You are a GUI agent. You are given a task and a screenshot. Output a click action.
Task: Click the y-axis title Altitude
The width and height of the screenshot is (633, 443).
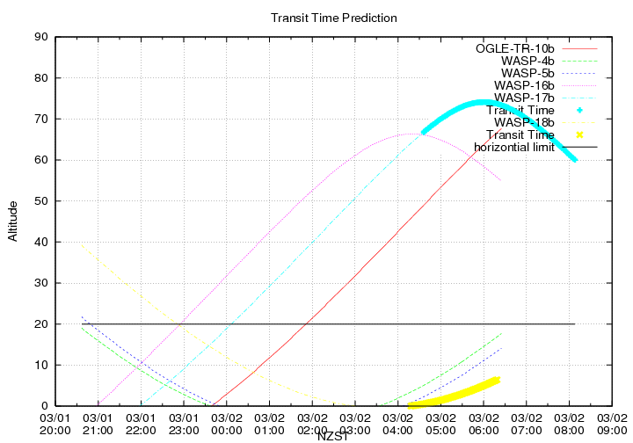click(12, 221)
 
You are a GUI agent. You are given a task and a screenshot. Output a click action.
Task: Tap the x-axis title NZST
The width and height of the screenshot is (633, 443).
click(333, 435)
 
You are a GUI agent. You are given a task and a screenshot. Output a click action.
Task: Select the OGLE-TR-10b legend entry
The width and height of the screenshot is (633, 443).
click(515, 47)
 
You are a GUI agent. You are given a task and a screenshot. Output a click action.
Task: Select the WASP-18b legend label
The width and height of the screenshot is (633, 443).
click(525, 122)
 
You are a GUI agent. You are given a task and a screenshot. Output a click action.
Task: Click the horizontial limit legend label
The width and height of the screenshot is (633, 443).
click(514, 147)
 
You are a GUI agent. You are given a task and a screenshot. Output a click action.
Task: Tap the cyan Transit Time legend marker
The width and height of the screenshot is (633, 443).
click(579, 110)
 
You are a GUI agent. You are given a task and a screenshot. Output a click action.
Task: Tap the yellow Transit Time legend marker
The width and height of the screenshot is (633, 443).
click(579, 134)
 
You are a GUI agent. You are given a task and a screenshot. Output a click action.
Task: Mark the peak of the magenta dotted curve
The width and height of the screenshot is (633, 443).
click(412, 134)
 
